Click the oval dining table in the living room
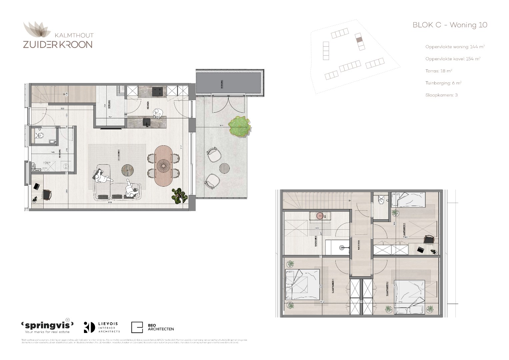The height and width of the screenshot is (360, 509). (163, 166)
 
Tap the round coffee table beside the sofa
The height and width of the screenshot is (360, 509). (128, 170)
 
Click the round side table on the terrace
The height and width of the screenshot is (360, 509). (224, 168)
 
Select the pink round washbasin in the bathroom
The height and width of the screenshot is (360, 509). (320, 216)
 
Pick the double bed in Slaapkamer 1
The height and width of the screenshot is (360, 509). (303, 284)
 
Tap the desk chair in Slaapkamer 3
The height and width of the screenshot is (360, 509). (428, 239)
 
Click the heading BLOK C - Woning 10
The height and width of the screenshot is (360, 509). (450, 25)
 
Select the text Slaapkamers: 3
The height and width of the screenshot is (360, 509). (441, 95)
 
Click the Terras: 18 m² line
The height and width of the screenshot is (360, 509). (438, 71)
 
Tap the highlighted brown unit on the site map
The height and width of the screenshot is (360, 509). (359, 40)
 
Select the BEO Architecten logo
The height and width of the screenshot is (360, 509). (153, 327)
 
